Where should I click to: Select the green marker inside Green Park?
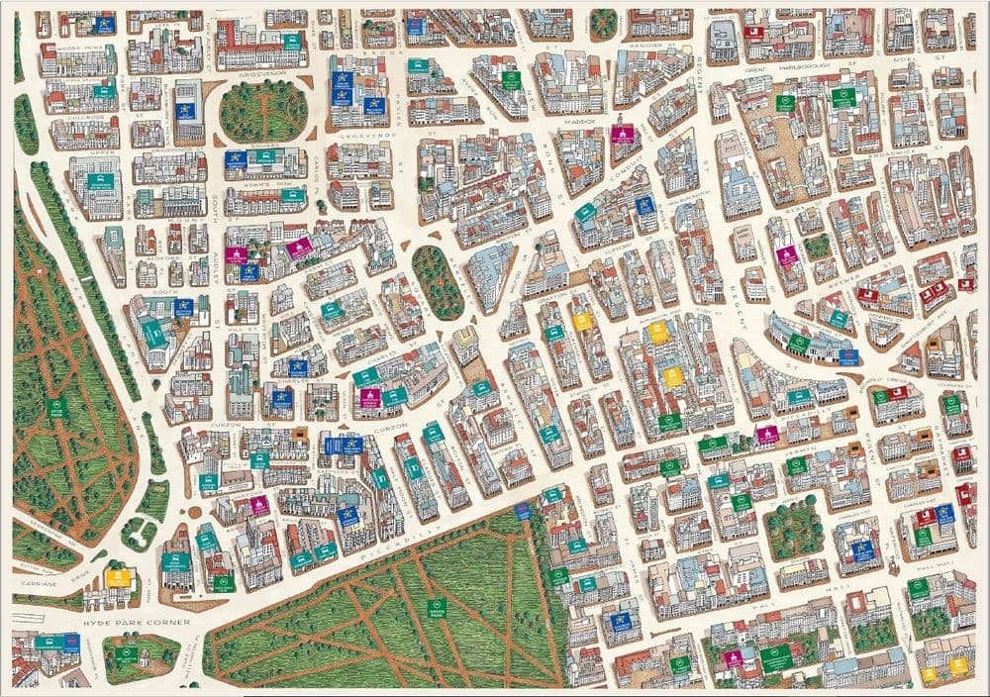[x=435, y=607]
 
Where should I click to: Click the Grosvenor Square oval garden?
[x=262, y=111]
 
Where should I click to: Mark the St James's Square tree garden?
[x=794, y=530]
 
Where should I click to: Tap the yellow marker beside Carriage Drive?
[x=117, y=576]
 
